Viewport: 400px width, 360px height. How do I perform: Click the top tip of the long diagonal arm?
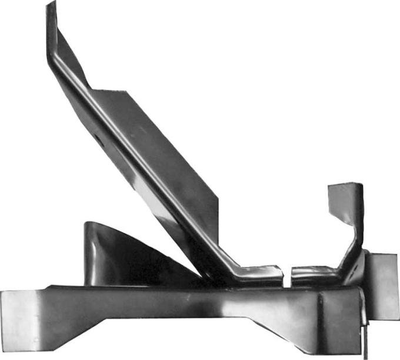pos(51,6)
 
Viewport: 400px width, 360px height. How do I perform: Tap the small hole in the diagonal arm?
pos(96,138)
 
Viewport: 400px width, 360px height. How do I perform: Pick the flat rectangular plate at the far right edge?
pos(384,285)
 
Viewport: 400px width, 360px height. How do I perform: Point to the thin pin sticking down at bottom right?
pos(366,344)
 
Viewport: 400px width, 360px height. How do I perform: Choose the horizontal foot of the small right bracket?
pos(315,274)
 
